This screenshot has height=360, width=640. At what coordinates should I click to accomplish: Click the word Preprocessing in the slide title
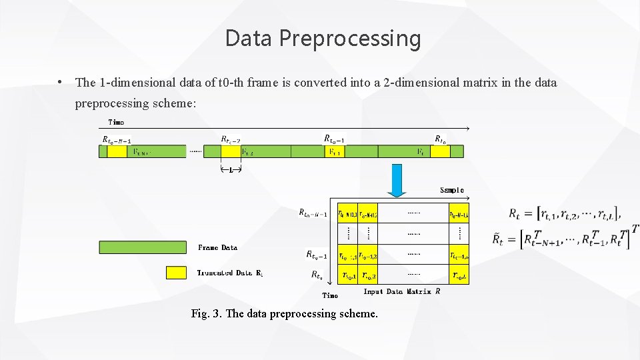coord(350,39)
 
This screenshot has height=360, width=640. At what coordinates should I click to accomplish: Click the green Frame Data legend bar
coord(143,247)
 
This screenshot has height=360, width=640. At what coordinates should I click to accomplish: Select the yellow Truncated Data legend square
coord(176,273)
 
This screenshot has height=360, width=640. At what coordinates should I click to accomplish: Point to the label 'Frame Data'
coord(217,247)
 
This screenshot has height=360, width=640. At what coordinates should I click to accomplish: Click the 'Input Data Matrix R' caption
coord(397,291)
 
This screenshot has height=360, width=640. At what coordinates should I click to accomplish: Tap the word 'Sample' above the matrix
coord(451,190)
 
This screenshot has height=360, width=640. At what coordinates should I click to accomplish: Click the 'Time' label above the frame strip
coord(116,122)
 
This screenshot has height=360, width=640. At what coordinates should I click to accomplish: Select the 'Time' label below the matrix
coord(330,295)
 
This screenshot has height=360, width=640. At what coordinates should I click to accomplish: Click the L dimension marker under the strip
coord(231,170)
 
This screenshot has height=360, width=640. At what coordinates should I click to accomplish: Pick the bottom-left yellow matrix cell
coord(347,275)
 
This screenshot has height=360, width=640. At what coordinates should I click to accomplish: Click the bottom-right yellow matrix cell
coord(459,275)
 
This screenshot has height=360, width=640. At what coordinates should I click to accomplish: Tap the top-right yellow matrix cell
coord(459,213)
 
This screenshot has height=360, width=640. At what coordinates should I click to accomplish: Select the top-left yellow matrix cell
coord(347,213)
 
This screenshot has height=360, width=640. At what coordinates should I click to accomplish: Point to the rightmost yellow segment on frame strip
coord(439,151)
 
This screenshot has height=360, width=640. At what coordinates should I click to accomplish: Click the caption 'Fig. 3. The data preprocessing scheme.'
coord(284,313)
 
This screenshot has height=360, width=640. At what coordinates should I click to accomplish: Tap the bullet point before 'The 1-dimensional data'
coord(60,83)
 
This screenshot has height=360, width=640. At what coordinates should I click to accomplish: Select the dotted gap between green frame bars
coord(195,152)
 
